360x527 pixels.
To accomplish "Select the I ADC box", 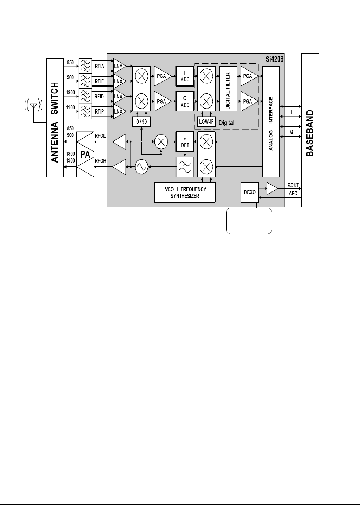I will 185,76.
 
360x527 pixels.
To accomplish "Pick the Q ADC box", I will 185,101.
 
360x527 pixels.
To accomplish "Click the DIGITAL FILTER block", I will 228,89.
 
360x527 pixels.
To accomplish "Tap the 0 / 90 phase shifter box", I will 141,122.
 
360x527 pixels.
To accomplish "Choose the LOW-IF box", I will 206,122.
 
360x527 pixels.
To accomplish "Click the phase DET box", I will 185,142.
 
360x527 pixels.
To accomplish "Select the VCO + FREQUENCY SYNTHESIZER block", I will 185,193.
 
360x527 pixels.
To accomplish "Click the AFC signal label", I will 293,194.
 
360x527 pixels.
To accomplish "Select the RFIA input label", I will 99,66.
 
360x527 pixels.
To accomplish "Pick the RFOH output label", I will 100,161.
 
